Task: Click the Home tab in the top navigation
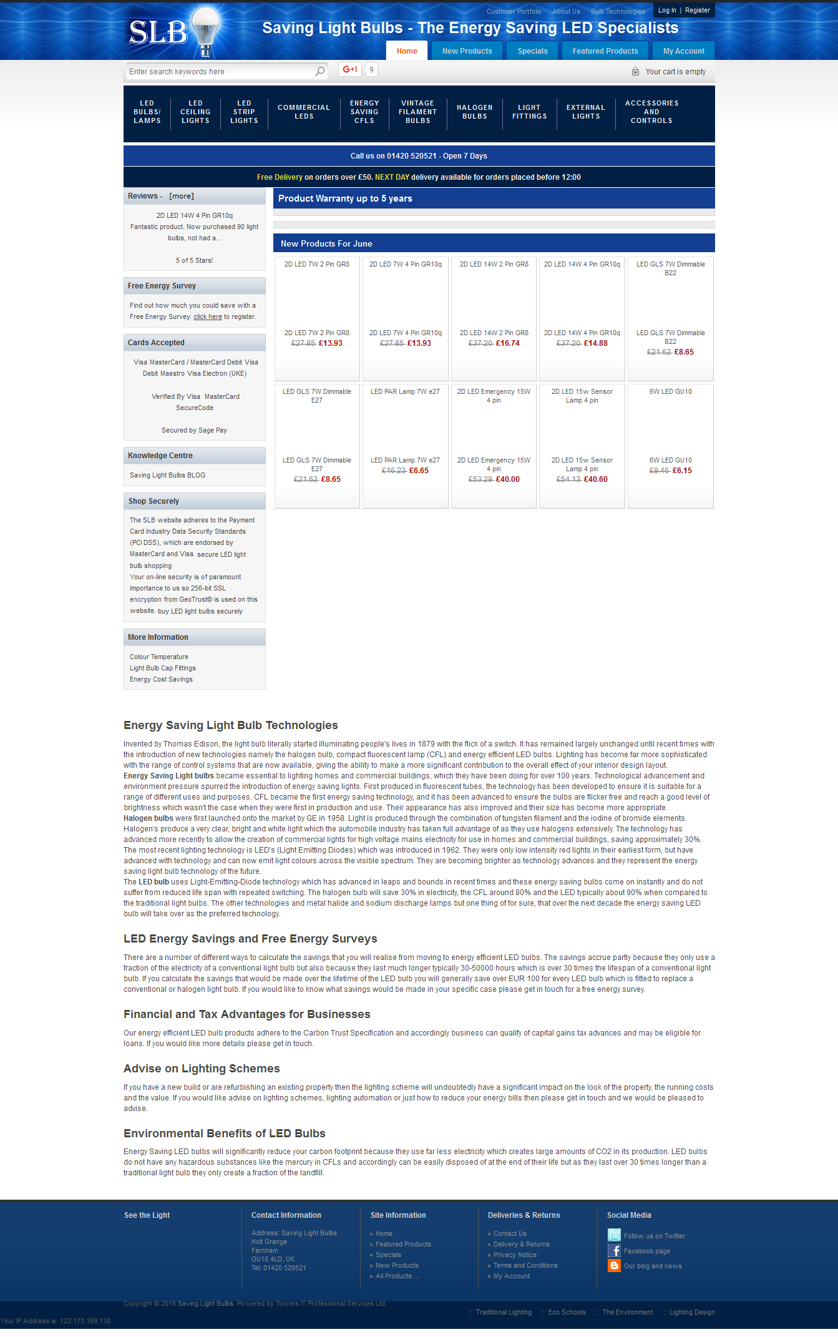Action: coord(407,51)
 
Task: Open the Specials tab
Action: coord(532,51)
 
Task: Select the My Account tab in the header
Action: coord(683,51)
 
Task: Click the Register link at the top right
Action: coord(697,10)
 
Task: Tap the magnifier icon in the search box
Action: coord(320,71)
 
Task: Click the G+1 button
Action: coord(349,69)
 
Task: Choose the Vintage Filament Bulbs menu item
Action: coord(417,112)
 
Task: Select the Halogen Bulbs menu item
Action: coord(474,112)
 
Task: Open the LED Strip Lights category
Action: coord(244,112)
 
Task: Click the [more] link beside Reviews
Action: coord(182,196)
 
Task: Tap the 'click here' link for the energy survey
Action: coord(208,317)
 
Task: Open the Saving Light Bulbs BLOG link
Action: coord(167,476)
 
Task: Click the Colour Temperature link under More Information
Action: coord(159,657)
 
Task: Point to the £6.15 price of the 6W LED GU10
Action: coord(682,471)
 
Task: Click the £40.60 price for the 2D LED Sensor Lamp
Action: coord(595,479)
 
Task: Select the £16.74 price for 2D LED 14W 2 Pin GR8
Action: coord(507,343)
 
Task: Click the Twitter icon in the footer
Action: coord(614,1235)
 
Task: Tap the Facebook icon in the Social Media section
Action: coord(614,1251)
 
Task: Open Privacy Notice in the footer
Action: coord(515,1255)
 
